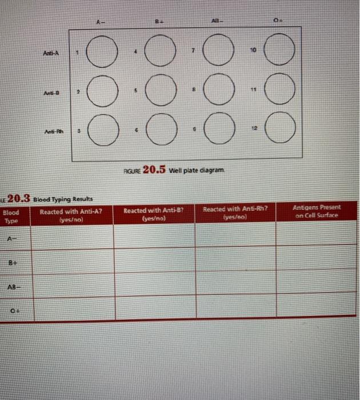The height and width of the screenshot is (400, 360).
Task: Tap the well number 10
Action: point(250,50)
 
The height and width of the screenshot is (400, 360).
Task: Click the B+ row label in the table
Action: point(11,264)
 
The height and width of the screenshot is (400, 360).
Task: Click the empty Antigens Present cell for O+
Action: point(315,307)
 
